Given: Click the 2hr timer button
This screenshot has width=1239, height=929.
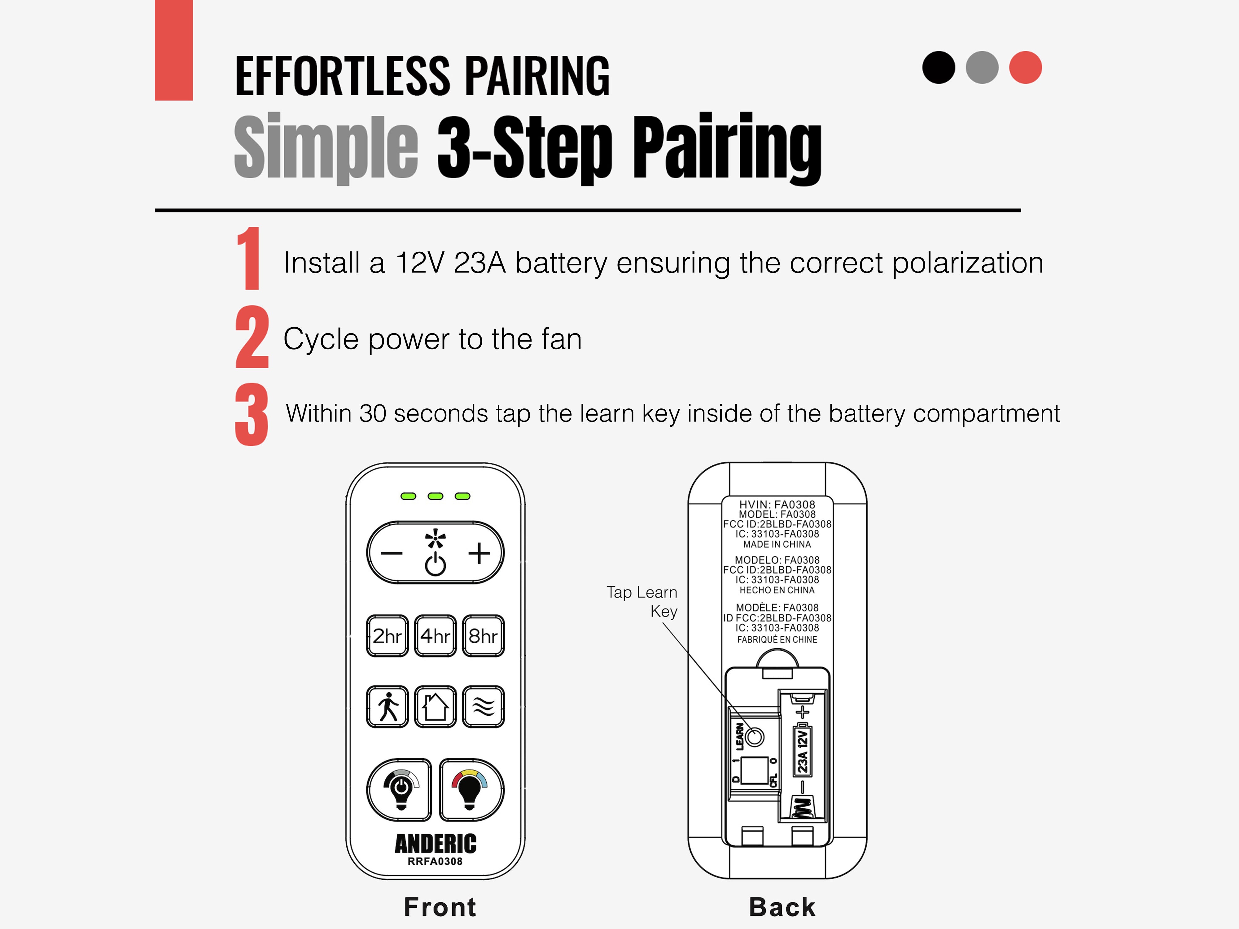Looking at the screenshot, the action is coord(387,635).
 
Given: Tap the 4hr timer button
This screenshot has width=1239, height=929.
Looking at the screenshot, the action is coord(435,635).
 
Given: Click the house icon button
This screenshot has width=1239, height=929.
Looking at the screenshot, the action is coord(435,707).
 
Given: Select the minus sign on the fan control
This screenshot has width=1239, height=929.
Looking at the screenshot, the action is coord(392,554).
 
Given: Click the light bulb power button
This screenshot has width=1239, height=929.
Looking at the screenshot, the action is coord(399,790).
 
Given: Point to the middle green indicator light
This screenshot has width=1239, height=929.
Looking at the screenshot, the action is coord(435,496).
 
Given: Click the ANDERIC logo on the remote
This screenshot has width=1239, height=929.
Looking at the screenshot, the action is coord(435,843).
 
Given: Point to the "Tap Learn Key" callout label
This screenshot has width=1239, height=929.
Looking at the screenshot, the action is coord(642,601).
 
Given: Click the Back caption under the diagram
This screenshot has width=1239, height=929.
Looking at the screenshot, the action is coord(782,907).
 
